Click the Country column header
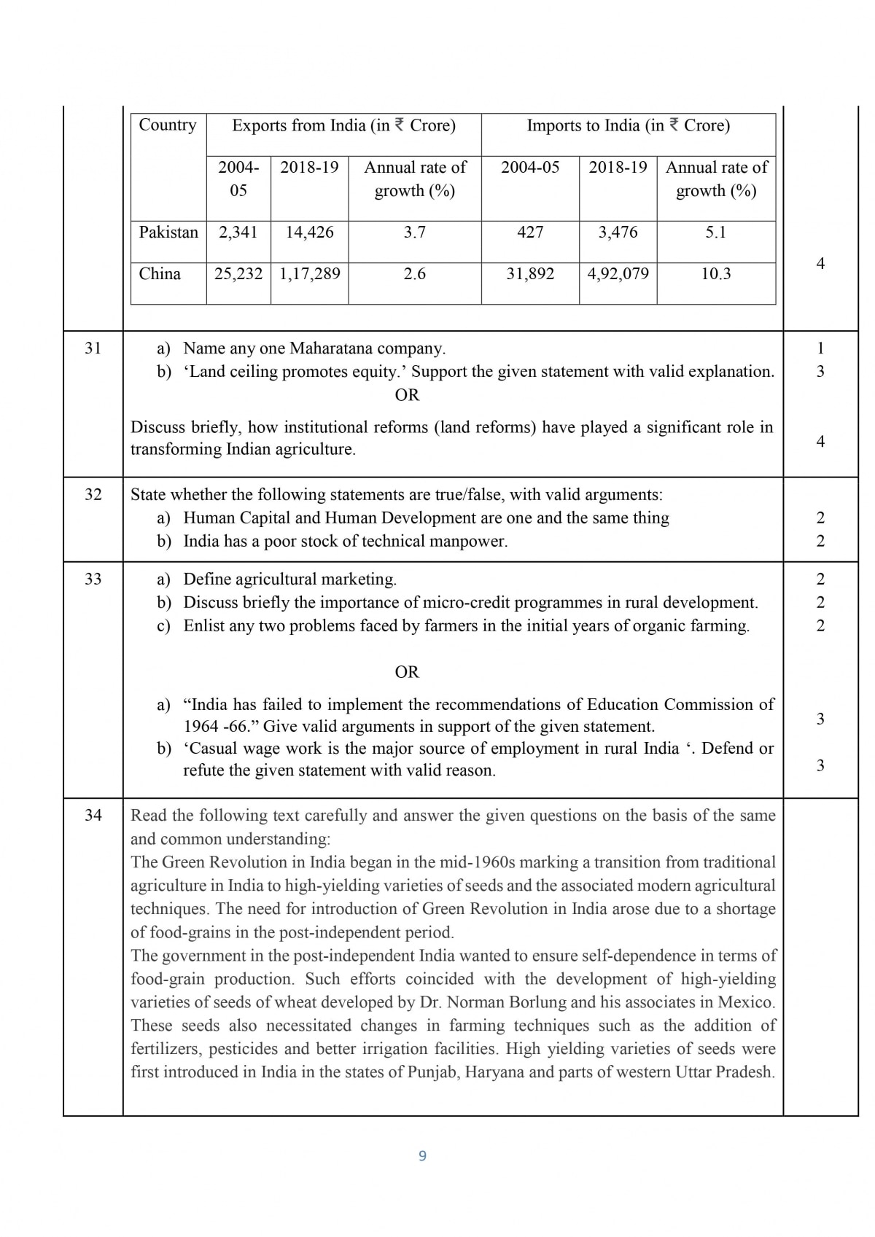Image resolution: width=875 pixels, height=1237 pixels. (x=168, y=125)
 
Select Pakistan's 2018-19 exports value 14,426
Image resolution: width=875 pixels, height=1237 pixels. (x=309, y=233)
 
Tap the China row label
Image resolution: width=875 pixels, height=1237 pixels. (x=160, y=274)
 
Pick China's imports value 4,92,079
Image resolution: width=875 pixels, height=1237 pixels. (x=618, y=274)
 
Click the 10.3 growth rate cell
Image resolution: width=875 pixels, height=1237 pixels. (x=715, y=274)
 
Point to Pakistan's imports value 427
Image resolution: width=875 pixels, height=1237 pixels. (x=530, y=233)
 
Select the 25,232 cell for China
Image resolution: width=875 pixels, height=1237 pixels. (x=238, y=274)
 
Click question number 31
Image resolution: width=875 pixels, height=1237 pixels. (x=93, y=348)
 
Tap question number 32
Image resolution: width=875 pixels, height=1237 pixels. (x=93, y=495)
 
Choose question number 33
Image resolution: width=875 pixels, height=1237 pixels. (x=93, y=580)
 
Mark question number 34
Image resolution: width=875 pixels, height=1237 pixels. (x=93, y=816)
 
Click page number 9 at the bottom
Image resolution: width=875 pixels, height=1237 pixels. (x=423, y=1156)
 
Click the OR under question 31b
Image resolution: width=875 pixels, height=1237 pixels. (x=407, y=395)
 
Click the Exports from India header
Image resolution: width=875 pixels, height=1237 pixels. (x=343, y=125)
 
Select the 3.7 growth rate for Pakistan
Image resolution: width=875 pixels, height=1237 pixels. (x=414, y=233)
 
